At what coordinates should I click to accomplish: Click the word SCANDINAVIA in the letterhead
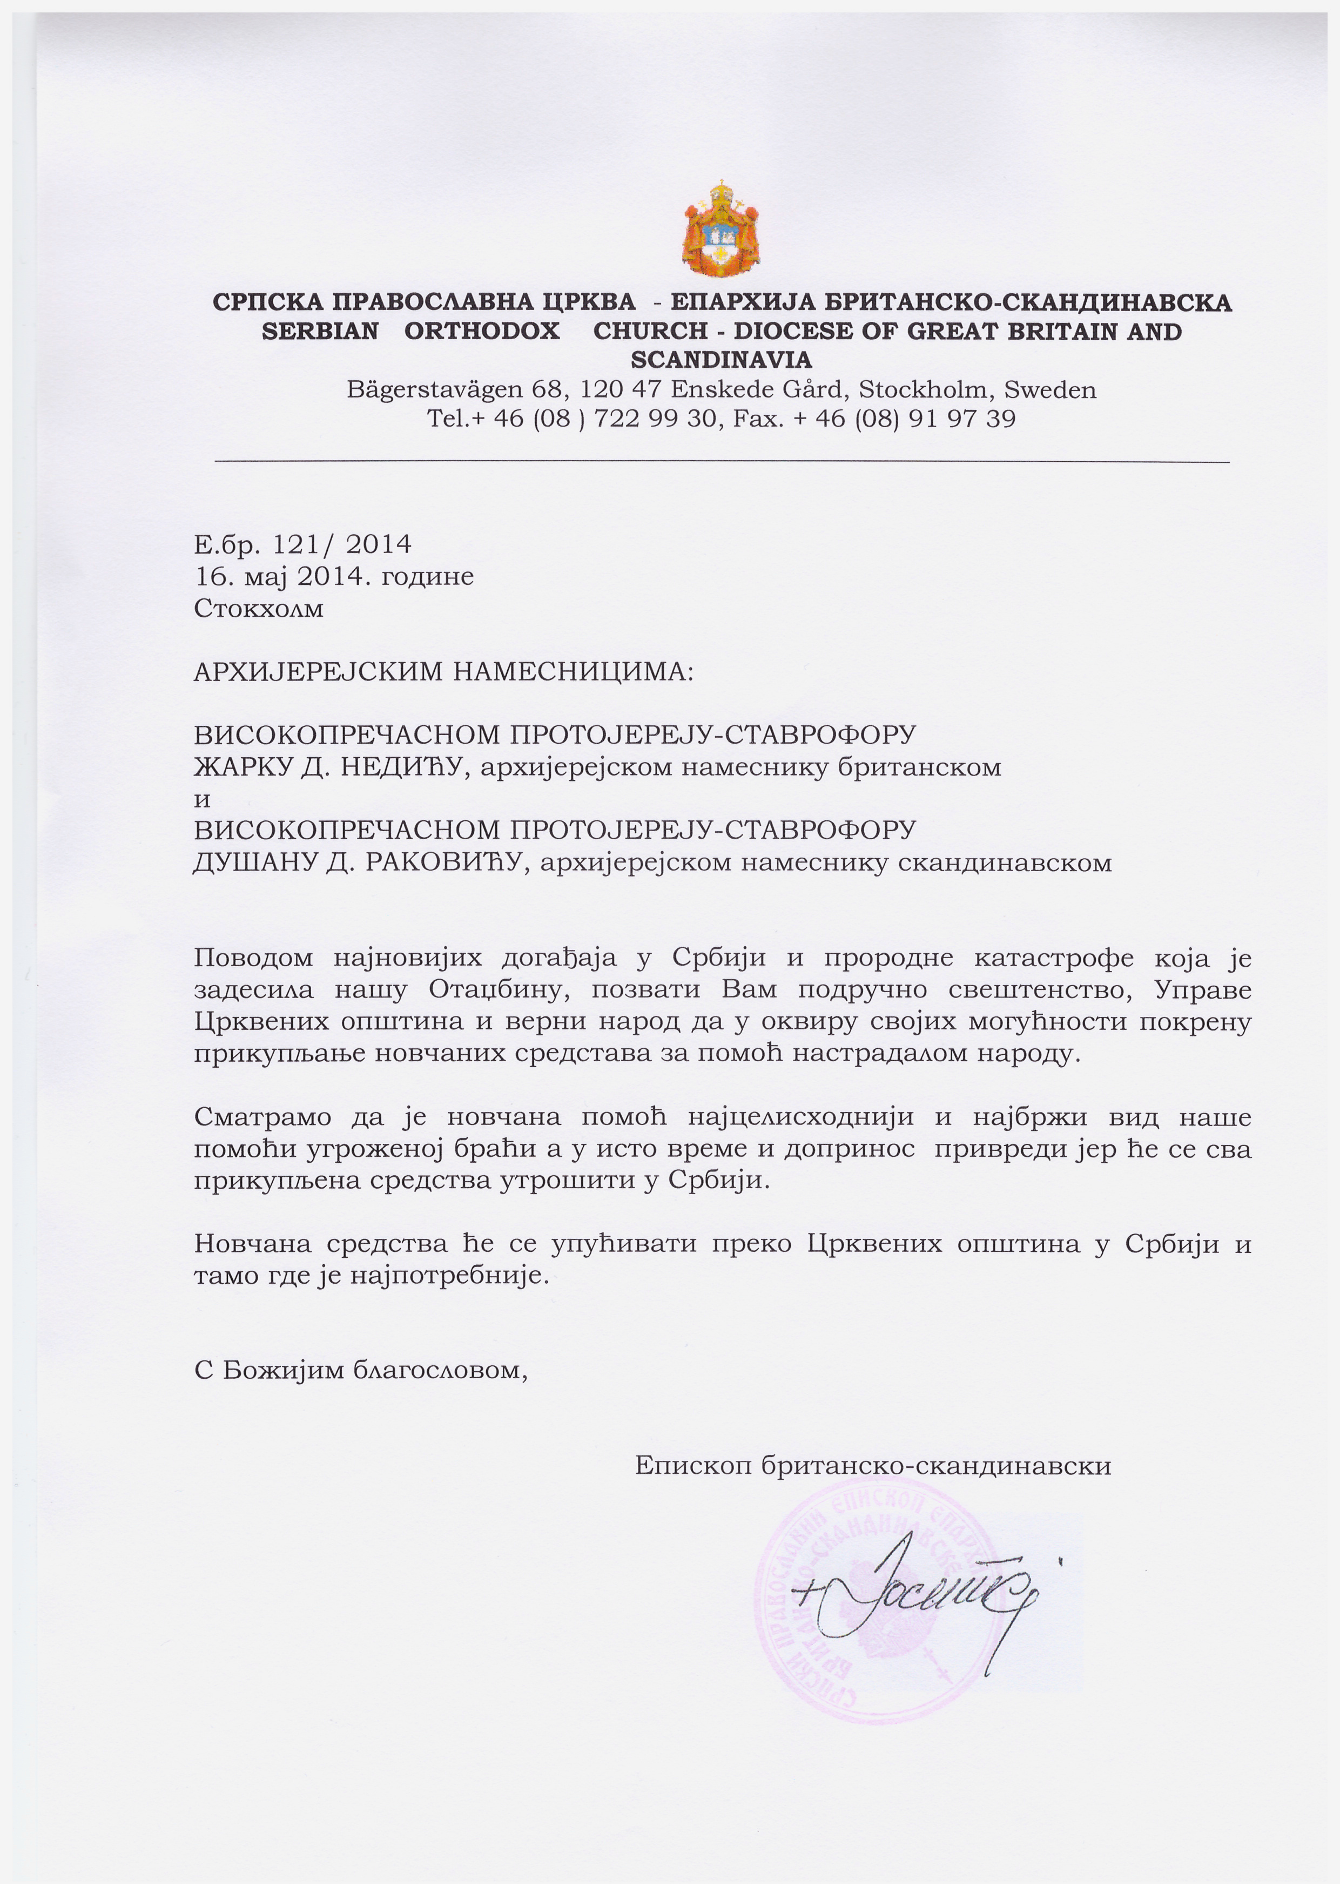coord(721,360)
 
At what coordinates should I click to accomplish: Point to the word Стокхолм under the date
coord(258,609)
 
